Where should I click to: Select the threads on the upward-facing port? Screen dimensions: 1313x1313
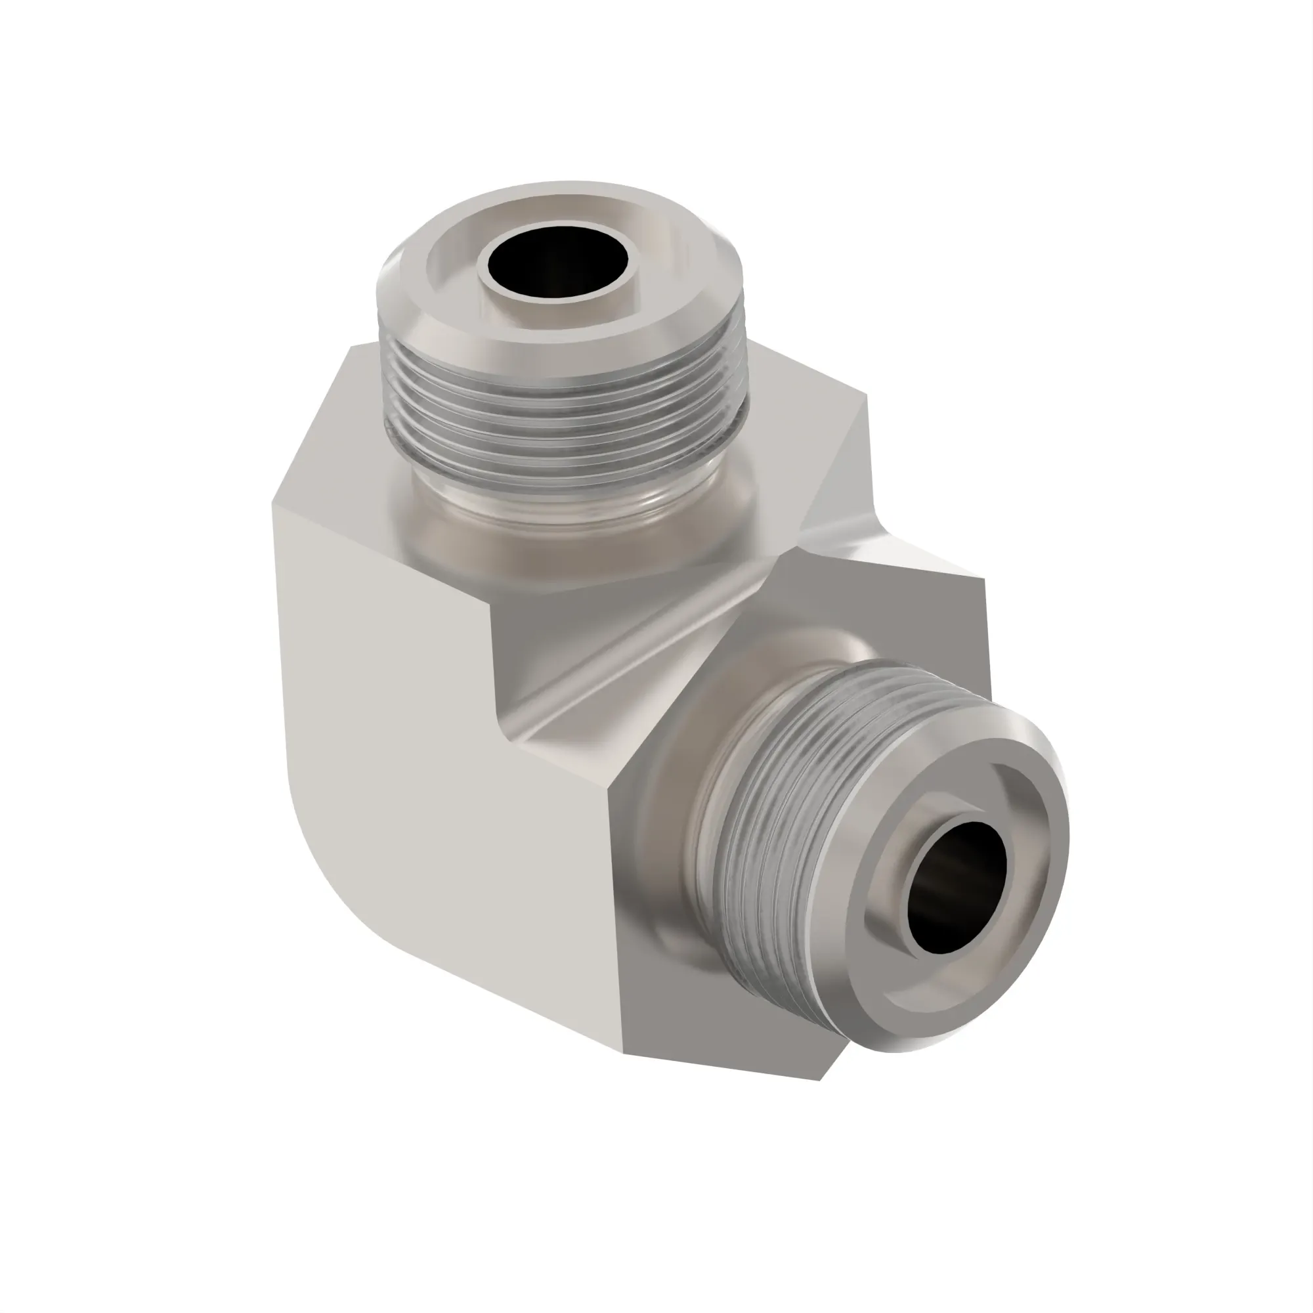click(564, 414)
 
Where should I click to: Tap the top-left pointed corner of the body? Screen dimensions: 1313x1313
click(351, 347)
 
